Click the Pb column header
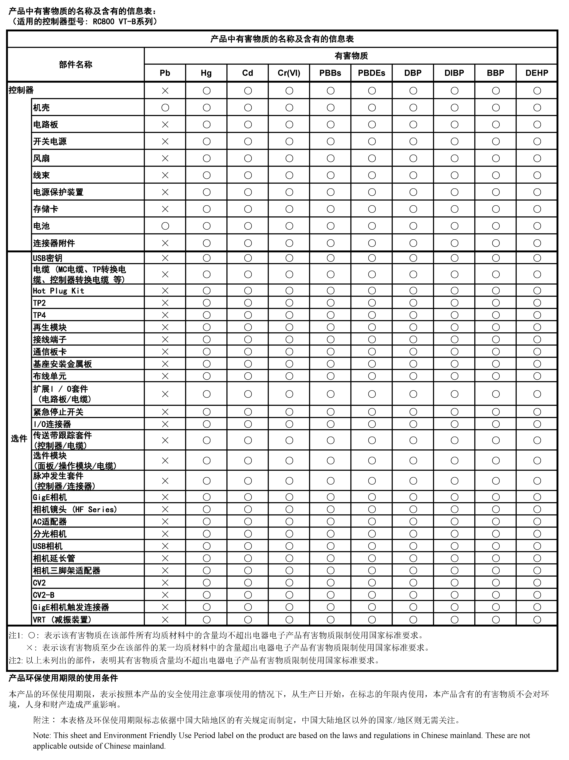[x=165, y=73]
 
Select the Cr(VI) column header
[x=289, y=73]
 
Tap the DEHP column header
[x=537, y=73]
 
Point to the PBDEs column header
[x=371, y=73]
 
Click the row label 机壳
[x=41, y=108]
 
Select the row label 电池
[x=41, y=226]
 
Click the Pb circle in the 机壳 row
[x=165, y=108]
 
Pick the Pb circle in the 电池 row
[x=165, y=226]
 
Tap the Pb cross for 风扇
[x=165, y=158]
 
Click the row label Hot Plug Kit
[x=58, y=291]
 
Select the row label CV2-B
[x=44, y=595]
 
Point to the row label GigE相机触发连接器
[x=71, y=607]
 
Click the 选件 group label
[x=19, y=438]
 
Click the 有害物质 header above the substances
[x=351, y=56]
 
